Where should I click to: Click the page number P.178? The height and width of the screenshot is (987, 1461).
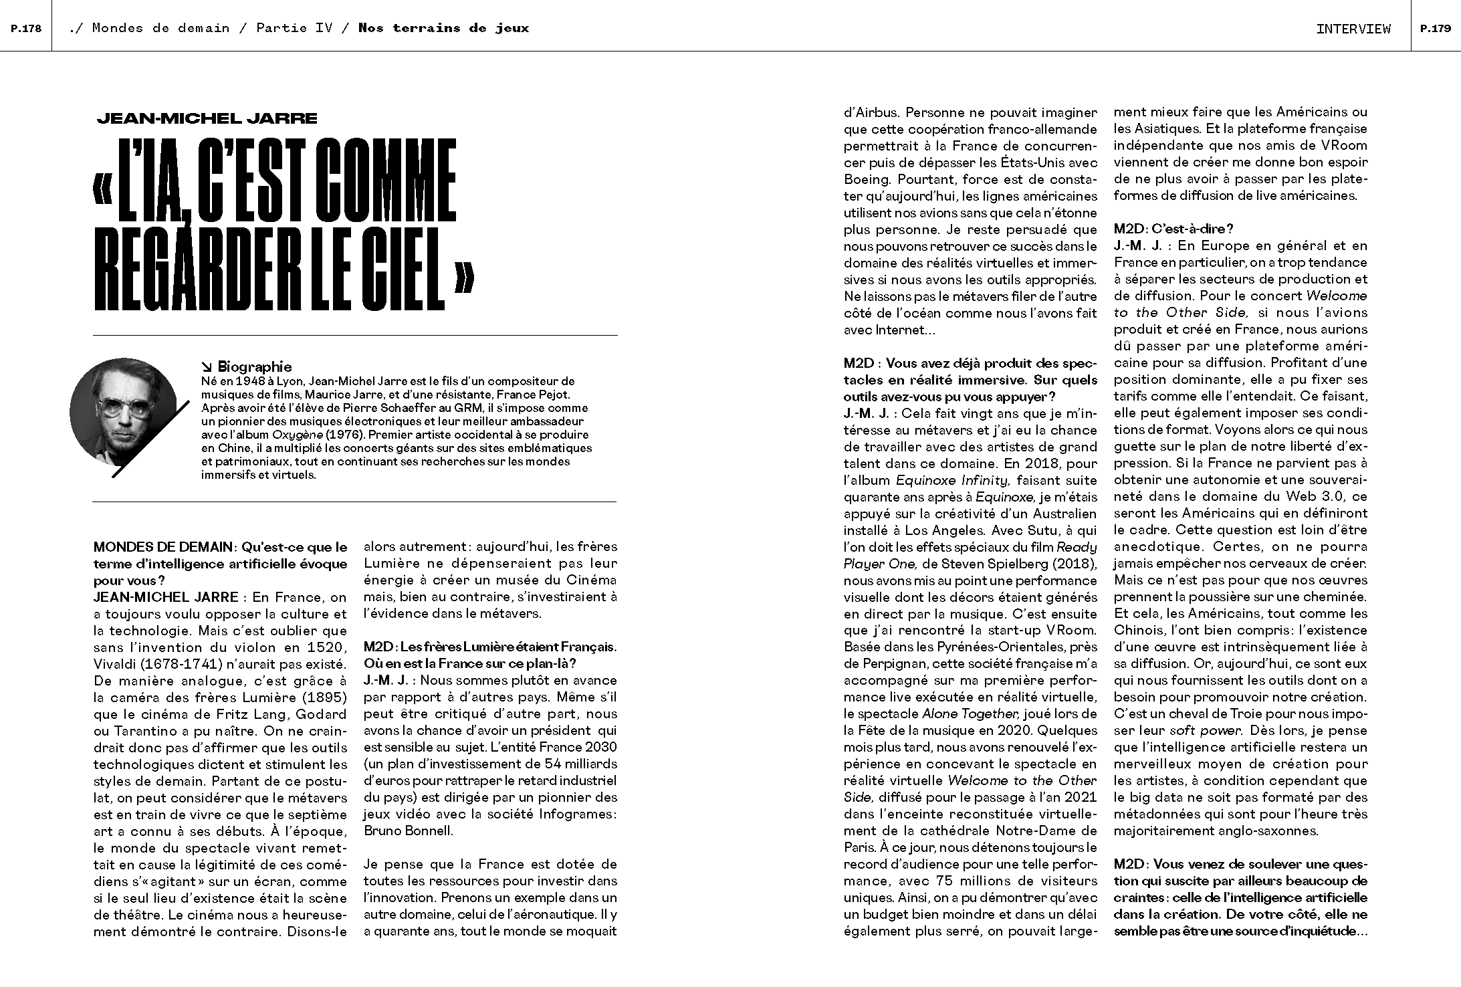pyautogui.click(x=26, y=28)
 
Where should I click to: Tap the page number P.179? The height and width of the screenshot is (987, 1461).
pyautogui.click(x=1435, y=28)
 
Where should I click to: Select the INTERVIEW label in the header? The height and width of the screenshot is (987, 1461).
pyautogui.click(x=1353, y=29)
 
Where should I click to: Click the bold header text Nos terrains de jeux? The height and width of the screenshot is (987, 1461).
pyautogui.click(x=443, y=28)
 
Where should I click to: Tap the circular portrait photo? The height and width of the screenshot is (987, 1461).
pyautogui.click(x=123, y=411)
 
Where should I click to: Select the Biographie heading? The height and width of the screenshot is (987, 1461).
pyautogui.click(x=254, y=366)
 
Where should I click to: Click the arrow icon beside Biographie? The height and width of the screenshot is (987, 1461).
pyautogui.click(x=207, y=366)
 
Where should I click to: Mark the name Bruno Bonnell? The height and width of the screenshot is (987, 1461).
pyautogui.click(x=408, y=831)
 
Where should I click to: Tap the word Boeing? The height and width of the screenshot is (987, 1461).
pyautogui.click(x=867, y=179)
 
